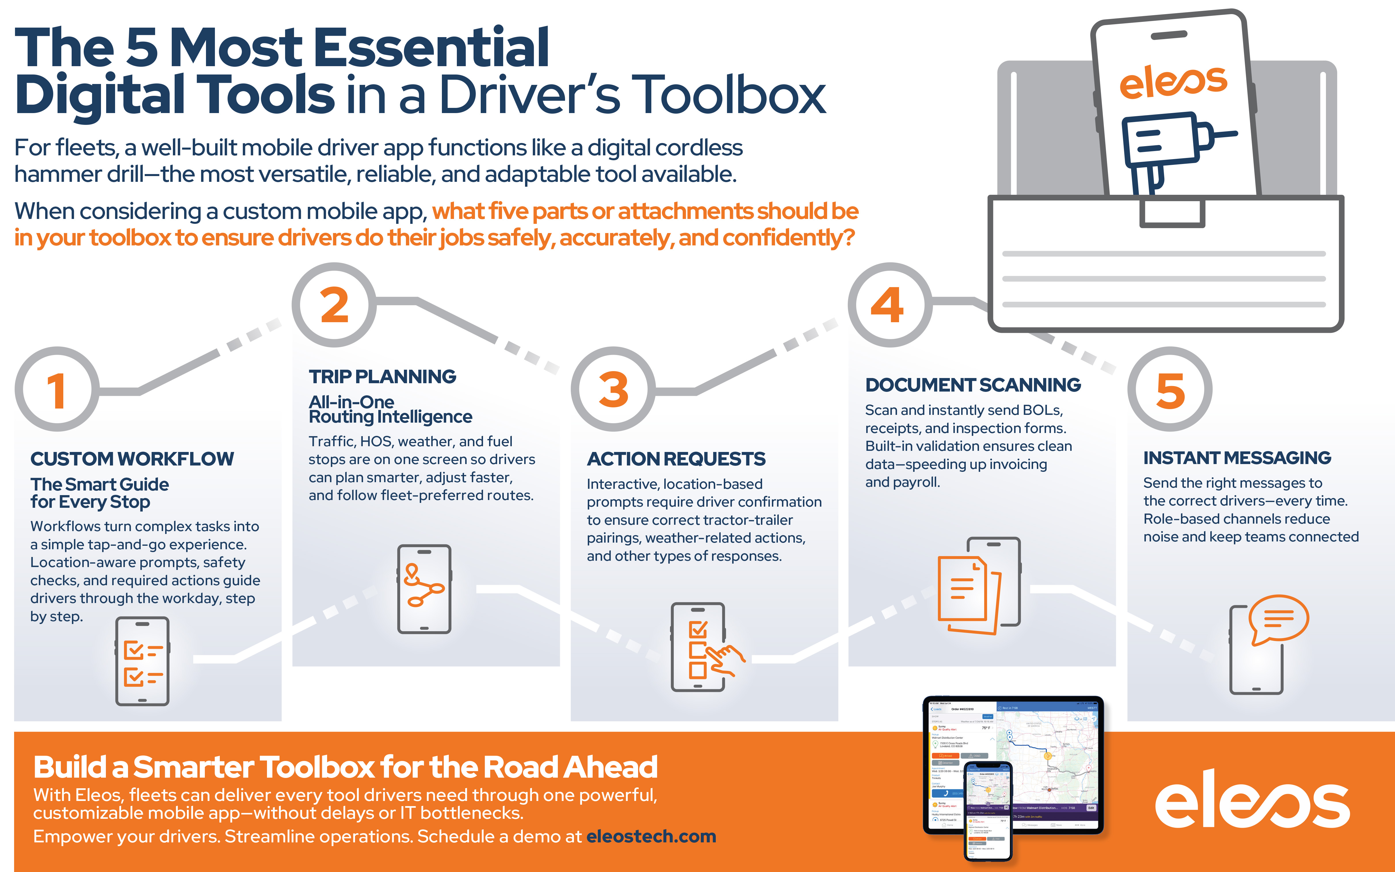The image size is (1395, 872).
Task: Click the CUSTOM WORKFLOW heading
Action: tap(132, 459)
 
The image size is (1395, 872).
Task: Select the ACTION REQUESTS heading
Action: tap(676, 459)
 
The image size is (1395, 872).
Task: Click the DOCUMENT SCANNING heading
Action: tap(973, 385)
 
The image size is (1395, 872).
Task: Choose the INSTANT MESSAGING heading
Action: tap(1237, 457)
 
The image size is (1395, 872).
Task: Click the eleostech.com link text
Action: tap(651, 836)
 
